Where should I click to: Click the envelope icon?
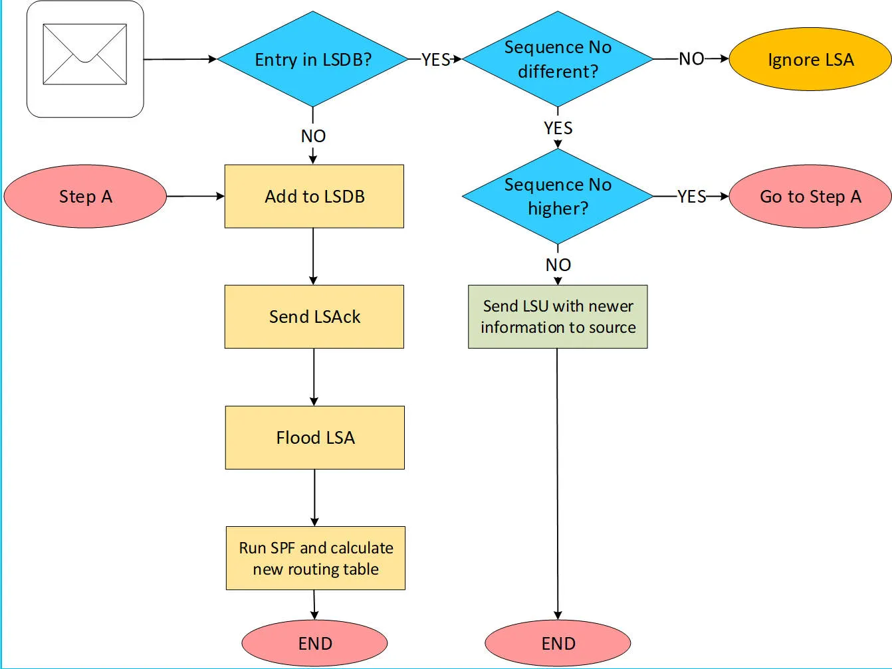coord(84,54)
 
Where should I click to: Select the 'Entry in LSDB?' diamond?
coord(312,59)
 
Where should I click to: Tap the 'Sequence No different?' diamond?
coord(558,59)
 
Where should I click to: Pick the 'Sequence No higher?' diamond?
coord(558,196)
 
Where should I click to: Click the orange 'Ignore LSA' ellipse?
coord(810,59)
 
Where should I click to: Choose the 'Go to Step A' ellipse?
coord(810,197)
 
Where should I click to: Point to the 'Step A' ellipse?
coord(85,197)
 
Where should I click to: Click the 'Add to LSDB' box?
coord(314,197)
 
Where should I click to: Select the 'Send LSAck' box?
coord(314,317)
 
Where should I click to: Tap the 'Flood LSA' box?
coord(315,438)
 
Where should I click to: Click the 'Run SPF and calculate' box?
coord(316,558)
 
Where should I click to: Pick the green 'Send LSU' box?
coord(558,317)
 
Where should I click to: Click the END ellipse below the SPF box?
coord(314,644)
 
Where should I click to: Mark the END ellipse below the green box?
coord(558,644)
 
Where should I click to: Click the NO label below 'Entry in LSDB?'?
coord(313,136)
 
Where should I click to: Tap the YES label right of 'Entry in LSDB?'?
coord(435,60)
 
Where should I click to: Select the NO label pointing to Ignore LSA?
coord(691,59)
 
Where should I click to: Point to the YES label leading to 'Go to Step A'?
coord(691,197)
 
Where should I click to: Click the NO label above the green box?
coord(558,265)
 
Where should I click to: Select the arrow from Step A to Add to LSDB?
coord(195,197)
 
